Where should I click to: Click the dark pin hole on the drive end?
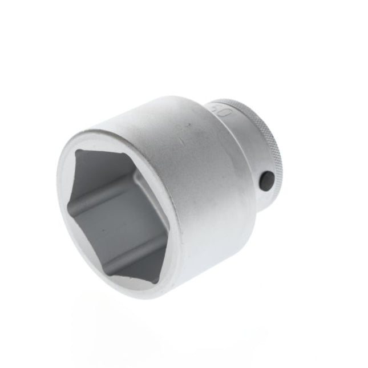pyautogui.click(x=266, y=181)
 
